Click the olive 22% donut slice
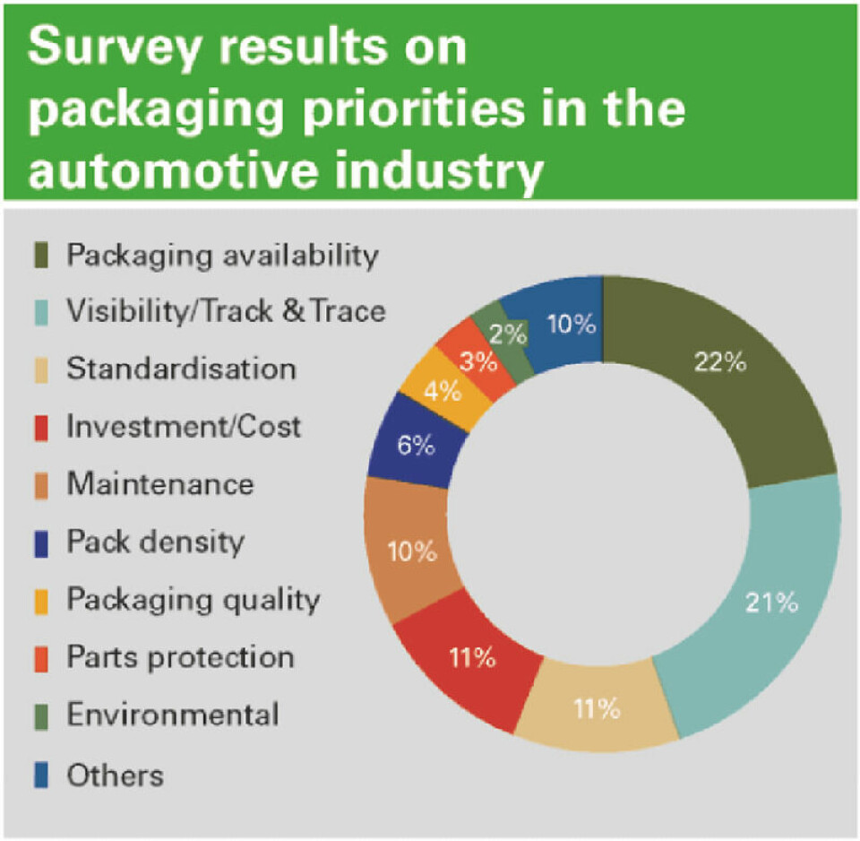click(x=717, y=377)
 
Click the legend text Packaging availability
click(x=222, y=255)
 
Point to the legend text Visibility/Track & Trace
click(x=226, y=311)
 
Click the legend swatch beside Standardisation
click(x=41, y=369)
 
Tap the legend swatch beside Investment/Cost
click(x=41, y=428)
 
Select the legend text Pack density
click(x=155, y=542)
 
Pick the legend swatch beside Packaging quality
click(x=41, y=600)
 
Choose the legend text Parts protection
click(x=180, y=656)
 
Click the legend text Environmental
click(x=172, y=715)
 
